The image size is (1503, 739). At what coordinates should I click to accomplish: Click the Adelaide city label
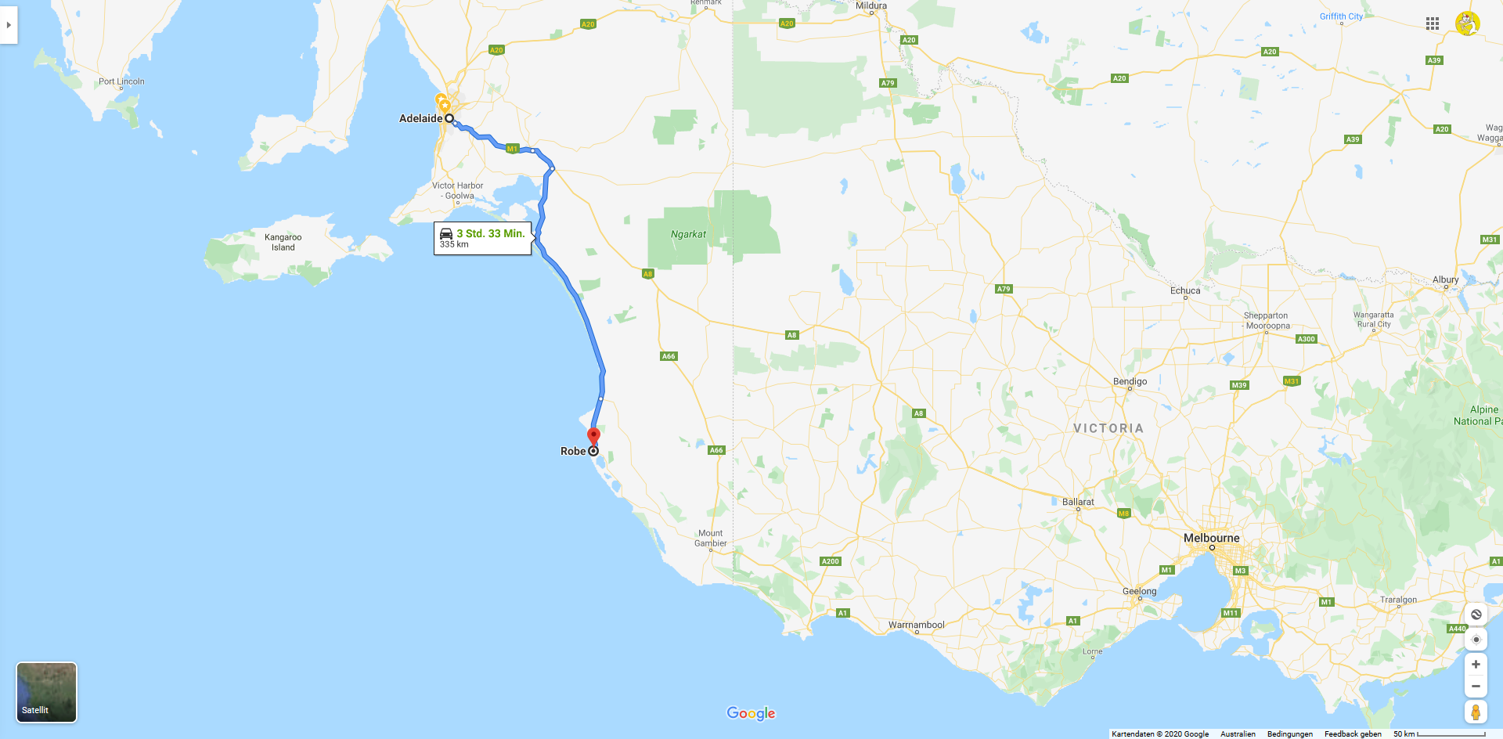point(420,119)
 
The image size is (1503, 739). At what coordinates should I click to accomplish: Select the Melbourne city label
point(1211,538)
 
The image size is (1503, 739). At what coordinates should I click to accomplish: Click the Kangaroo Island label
point(283,242)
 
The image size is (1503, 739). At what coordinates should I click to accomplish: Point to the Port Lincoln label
point(121,81)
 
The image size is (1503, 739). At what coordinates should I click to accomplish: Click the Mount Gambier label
point(710,539)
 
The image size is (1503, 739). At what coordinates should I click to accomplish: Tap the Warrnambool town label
point(916,625)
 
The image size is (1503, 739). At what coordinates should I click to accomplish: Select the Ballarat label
point(1078,502)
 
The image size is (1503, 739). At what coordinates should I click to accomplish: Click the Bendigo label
point(1130,381)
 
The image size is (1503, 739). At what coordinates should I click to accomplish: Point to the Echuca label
point(1184,290)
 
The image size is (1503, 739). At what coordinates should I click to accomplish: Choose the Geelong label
point(1139,591)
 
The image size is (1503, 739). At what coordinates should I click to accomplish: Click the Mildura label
point(870,5)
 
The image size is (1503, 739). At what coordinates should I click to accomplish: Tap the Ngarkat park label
point(688,234)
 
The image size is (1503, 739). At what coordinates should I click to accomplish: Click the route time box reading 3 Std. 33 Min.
point(482,238)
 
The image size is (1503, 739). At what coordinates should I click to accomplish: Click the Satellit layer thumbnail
point(47,692)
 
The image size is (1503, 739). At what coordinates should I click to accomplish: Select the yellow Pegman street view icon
point(1476,712)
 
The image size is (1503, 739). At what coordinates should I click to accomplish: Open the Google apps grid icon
point(1433,23)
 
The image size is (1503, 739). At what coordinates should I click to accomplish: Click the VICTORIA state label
point(1108,428)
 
